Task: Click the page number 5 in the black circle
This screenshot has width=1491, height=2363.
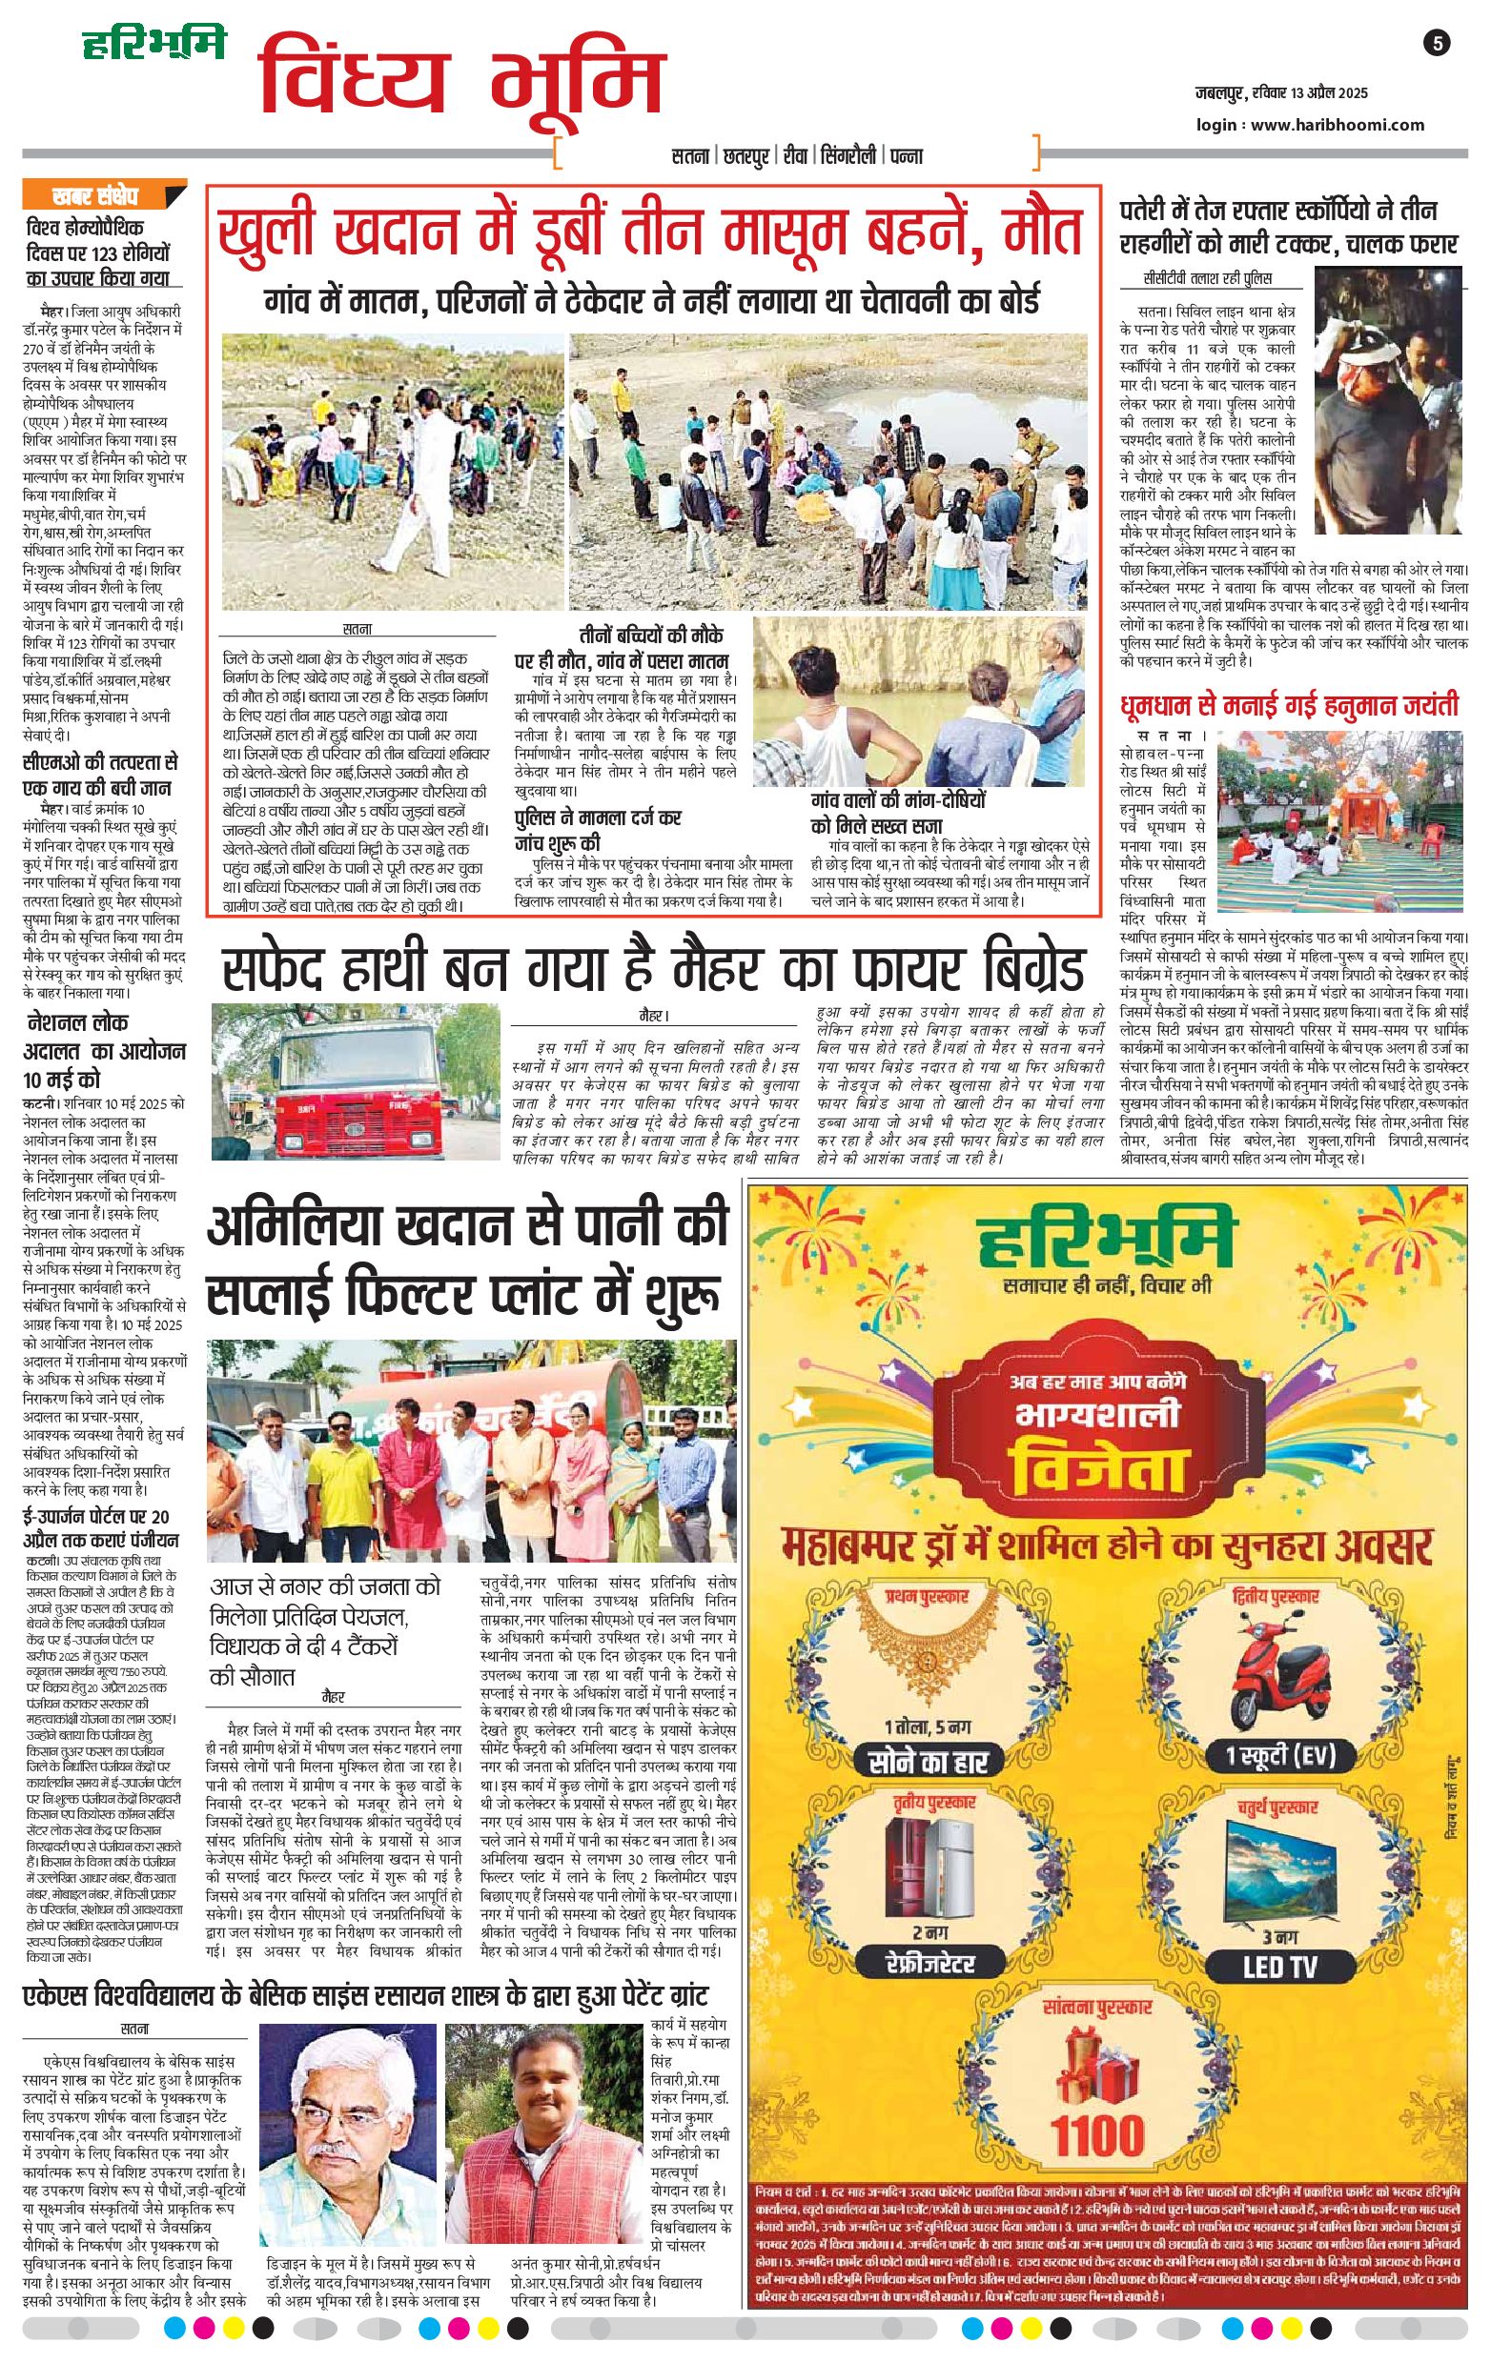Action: [1437, 43]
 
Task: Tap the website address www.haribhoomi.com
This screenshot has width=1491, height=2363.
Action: [1338, 125]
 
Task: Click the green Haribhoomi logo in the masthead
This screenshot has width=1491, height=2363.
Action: [153, 43]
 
